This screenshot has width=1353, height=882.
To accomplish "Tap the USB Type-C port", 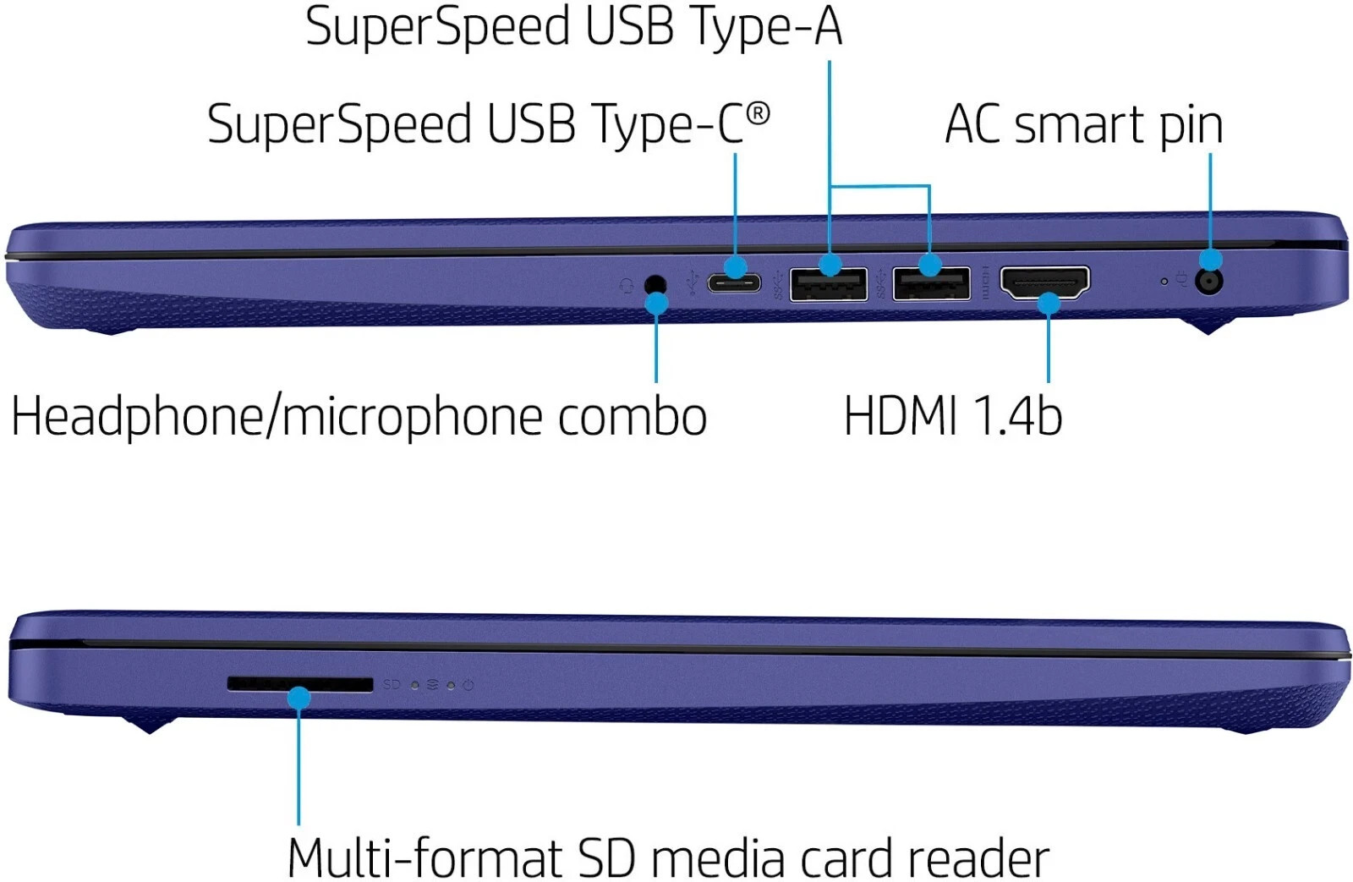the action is click(734, 283).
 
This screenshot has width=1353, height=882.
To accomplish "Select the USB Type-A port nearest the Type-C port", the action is click(828, 284).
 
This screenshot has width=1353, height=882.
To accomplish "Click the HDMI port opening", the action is click(1045, 282).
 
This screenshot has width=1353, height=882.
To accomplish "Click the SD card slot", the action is click(300, 684).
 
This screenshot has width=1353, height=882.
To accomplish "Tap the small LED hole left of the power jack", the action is click(1164, 282).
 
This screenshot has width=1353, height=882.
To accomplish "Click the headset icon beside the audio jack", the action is click(627, 284).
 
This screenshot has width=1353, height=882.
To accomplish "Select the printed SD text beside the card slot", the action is click(392, 684).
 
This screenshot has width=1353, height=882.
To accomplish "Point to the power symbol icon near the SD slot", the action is click(468, 685).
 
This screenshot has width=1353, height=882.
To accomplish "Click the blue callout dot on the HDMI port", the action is click(1049, 304).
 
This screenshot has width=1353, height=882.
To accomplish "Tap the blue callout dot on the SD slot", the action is click(299, 698).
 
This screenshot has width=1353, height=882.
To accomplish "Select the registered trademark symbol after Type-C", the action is click(758, 114).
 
